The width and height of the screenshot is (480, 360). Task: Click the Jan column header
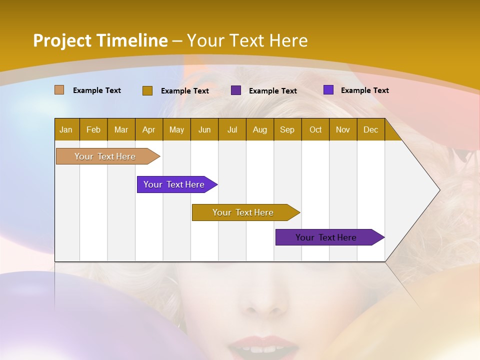click(66, 129)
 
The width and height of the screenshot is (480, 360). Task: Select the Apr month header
click(148, 129)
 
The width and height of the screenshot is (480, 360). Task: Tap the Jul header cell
click(232, 129)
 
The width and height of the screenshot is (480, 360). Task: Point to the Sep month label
click(287, 129)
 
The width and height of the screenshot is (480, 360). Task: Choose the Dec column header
click(370, 129)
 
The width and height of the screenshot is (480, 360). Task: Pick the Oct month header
click(315, 129)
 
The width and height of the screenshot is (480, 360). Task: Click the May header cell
click(176, 129)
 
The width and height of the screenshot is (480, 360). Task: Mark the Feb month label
click(93, 129)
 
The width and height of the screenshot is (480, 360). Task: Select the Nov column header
click(342, 129)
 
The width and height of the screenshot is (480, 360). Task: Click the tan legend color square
click(59, 90)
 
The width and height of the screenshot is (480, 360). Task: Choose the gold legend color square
click(147, 90)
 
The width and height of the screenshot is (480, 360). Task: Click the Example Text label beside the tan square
click(97, 90)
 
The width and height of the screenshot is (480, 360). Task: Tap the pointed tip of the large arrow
click(438, 190)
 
